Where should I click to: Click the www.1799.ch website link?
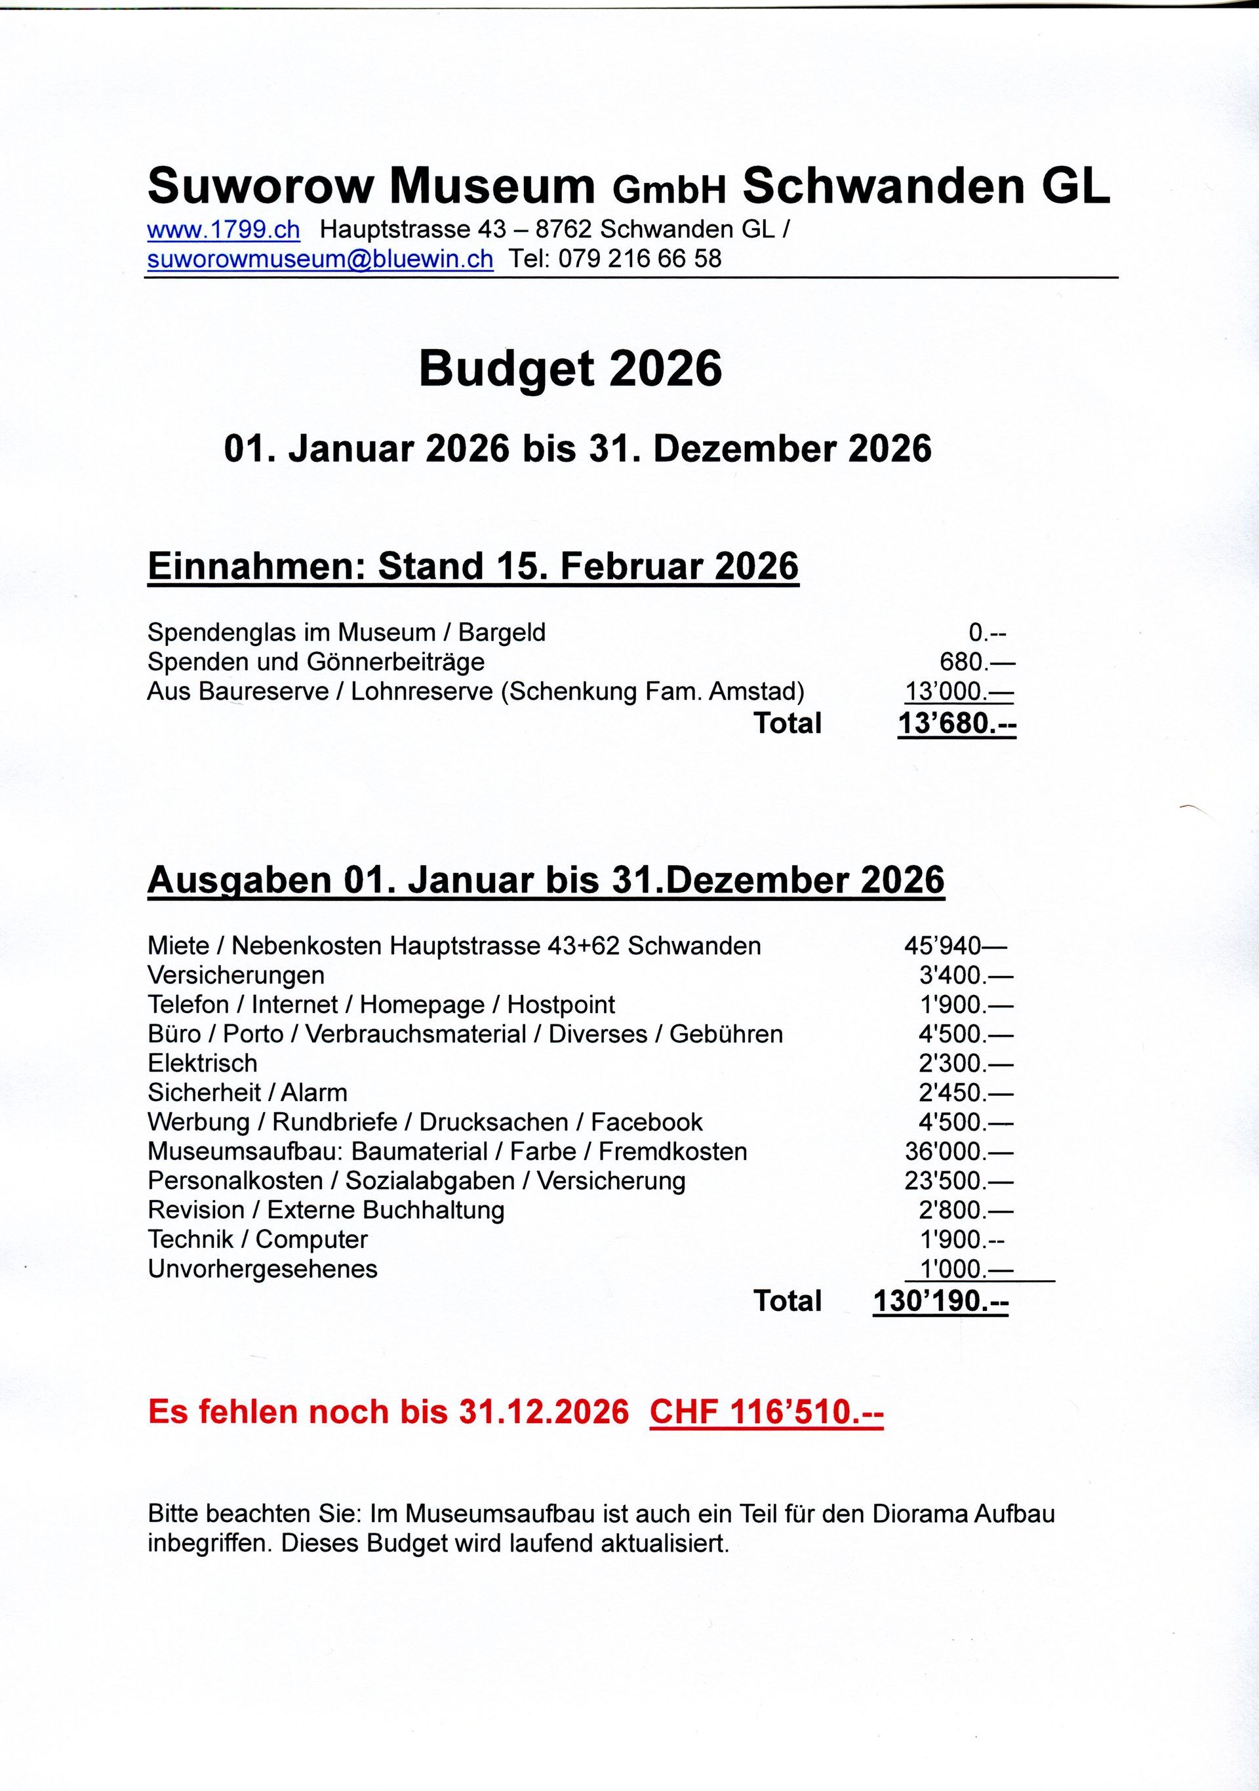223,230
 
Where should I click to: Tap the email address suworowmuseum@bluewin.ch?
320,259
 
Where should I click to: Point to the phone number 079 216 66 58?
639,259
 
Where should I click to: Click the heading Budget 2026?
570,369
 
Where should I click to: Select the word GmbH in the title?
669,189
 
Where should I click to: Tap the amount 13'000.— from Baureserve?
959,692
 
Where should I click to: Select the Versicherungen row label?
235,976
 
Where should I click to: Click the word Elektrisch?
202,1063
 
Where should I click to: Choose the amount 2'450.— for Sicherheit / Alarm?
965,1093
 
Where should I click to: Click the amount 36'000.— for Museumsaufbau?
959,1152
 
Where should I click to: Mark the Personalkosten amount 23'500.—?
959,1181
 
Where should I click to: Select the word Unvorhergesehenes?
262,1269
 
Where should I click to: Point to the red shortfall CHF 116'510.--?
766,1412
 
